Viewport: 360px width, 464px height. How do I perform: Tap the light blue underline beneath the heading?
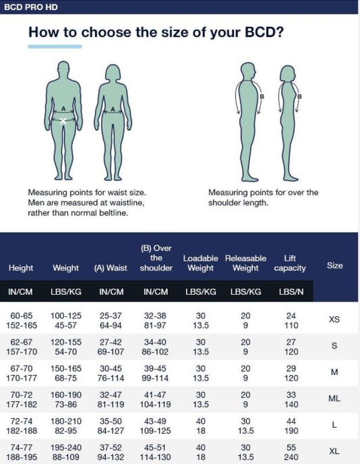pos(55,46)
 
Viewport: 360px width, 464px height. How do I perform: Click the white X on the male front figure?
pos(64,121)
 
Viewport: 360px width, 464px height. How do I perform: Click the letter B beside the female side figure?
pos(299,97)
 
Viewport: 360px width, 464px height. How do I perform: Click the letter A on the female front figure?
pos(113,109)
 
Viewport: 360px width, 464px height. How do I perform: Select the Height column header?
pos(21,268)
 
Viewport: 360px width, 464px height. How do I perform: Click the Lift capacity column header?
pos(289,263)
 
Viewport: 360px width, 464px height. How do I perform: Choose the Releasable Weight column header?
pos(245,263)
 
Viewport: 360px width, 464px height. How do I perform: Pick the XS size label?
pos(334,320)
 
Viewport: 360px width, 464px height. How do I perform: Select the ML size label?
pos(334,399)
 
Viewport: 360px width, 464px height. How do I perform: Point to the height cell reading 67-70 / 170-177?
pos(21,373)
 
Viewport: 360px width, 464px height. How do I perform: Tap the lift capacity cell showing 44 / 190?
pos(291,425)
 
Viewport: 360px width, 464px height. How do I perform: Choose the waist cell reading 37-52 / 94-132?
pos(111,451)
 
